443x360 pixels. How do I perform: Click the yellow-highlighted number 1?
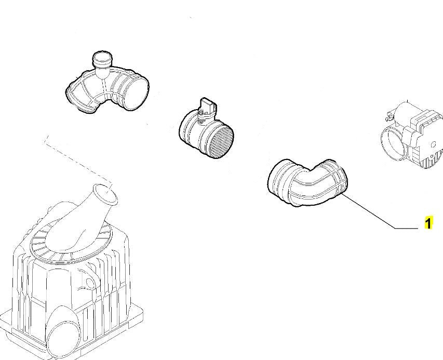428,223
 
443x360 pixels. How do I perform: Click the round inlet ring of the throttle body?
394,143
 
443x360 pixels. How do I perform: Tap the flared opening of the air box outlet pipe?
105,194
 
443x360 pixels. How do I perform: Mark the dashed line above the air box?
78,163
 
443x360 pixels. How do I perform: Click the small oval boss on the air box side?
89,283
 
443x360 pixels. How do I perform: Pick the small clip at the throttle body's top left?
389,114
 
